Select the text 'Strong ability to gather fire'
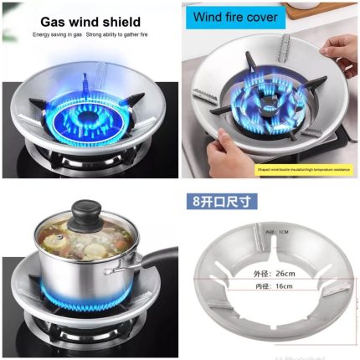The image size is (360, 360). click(124, 35)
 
